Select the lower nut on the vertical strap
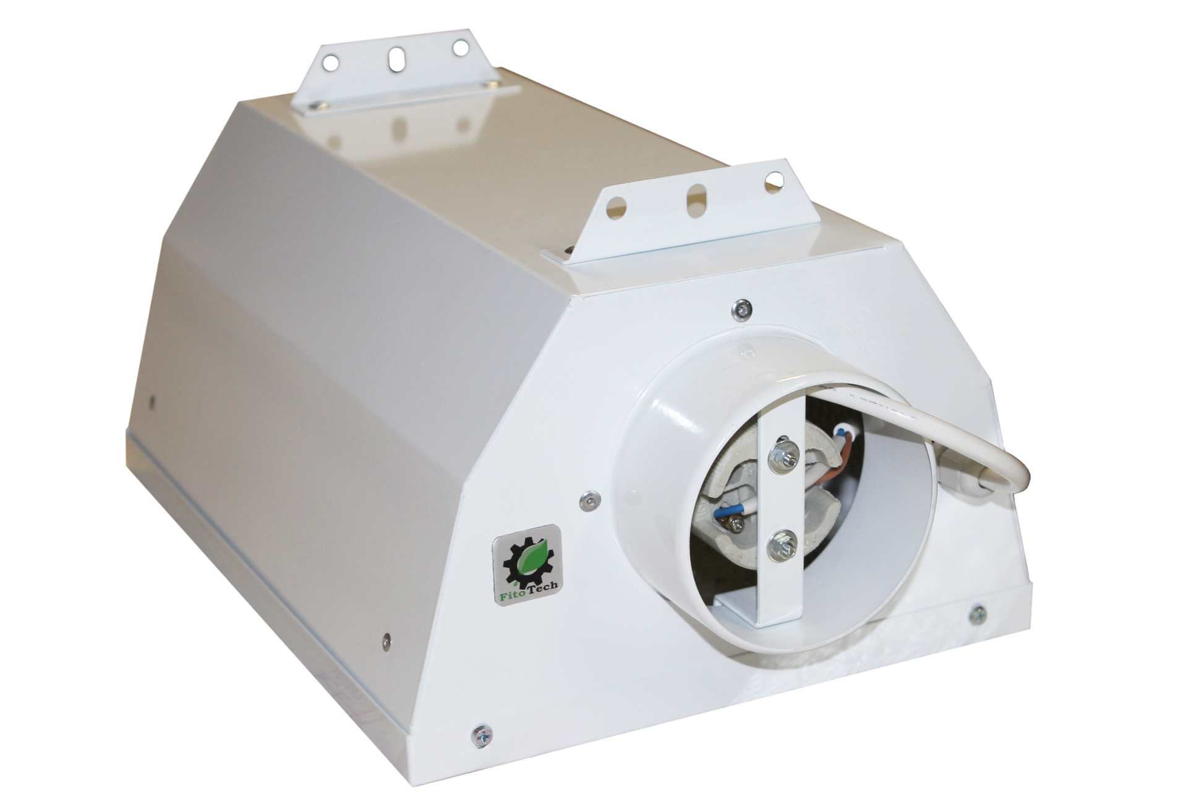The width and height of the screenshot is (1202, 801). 777,545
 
